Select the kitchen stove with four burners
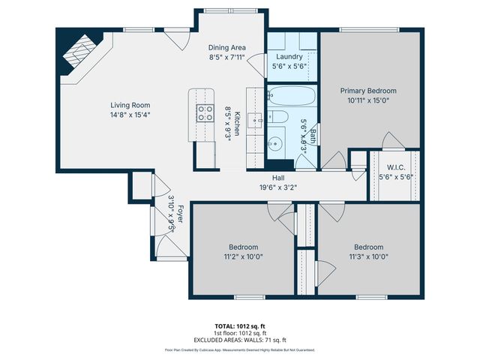coord(204,113)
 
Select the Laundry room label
coord(289,57)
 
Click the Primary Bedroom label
coord(373,91)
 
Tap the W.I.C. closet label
coord(397,167)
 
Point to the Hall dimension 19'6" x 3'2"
coord(278,188)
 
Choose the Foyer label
coord(180,216)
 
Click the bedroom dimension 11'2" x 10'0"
coord(243,256)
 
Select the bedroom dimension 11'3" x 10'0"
coord(368,256)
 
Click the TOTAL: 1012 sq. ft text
coord(240,326)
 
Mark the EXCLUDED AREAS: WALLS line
coord(240,339)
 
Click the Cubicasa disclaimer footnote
coord(240,349)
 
